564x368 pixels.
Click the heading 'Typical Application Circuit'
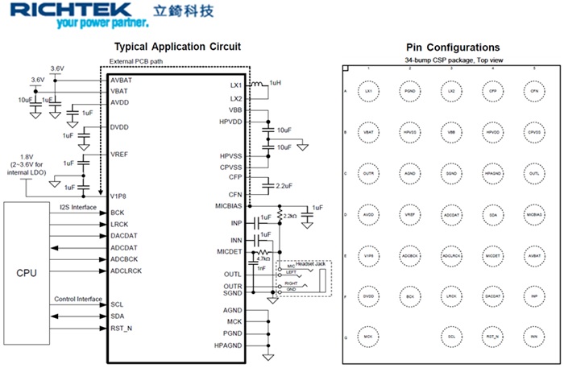point(177,47)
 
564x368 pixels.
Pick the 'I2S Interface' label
point(78,208)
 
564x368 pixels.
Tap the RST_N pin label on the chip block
point(122,329)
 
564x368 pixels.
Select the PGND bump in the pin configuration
point(409,92)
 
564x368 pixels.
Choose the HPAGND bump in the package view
point(492,173)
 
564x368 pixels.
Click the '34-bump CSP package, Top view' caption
point(451,61)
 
